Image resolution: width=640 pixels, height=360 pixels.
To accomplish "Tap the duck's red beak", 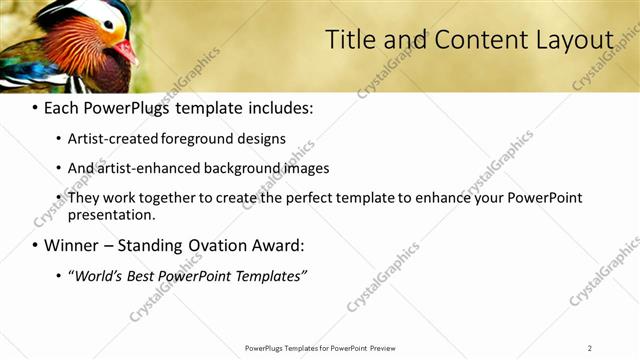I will coord(126,49).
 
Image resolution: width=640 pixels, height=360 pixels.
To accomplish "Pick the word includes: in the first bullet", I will coord(280,106).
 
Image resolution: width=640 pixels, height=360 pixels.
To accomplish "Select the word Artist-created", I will coord(111,139).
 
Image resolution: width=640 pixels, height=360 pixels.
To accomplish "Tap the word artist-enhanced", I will coord(144,168).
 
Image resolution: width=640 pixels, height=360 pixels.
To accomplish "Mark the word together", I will coord(169,198).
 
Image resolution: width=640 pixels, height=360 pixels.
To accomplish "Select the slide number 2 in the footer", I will coord(590,348).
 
